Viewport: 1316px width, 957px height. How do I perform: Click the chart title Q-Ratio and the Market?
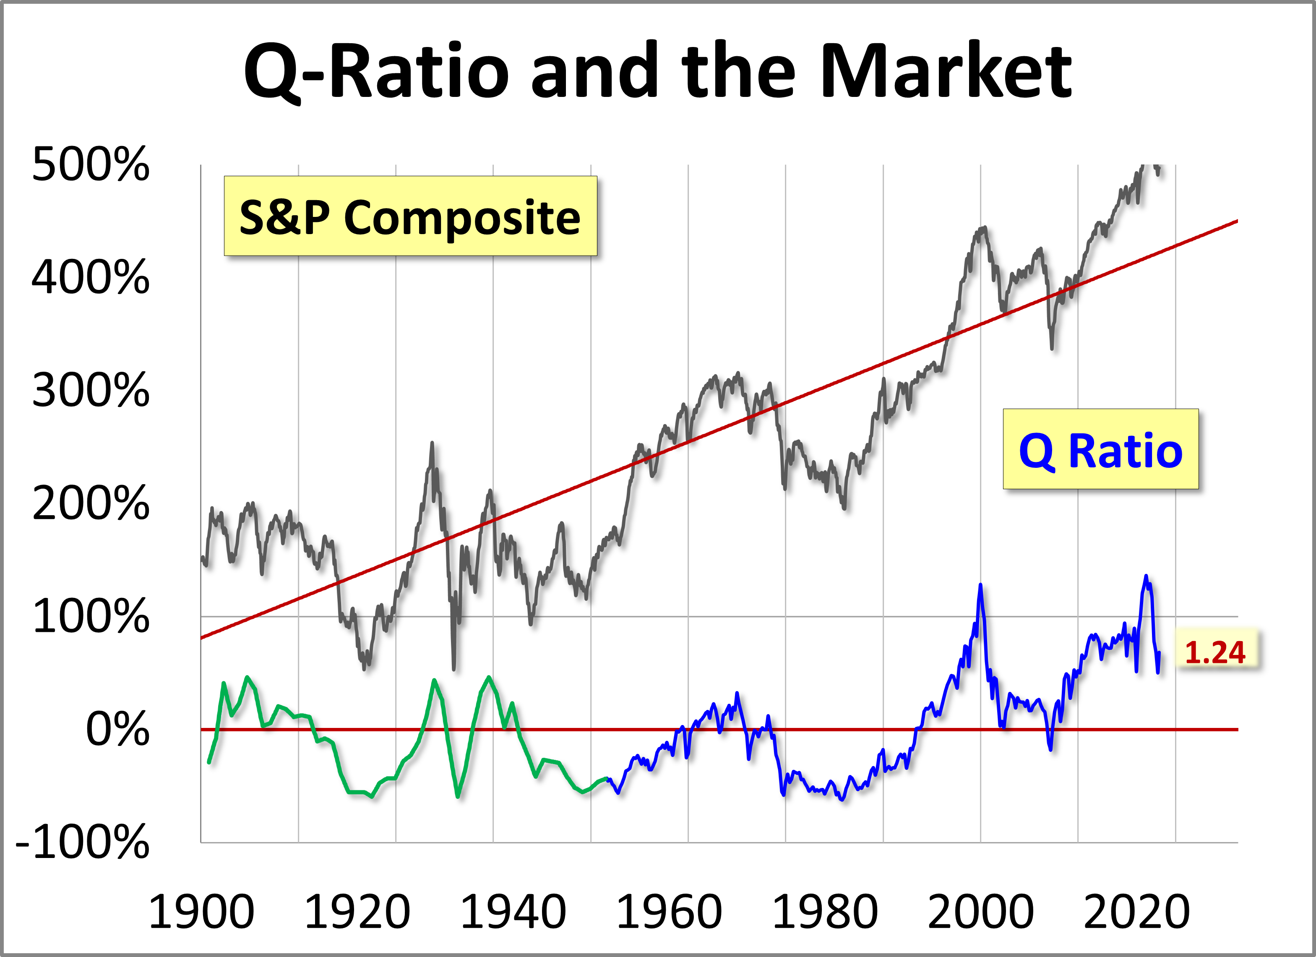click(x=657, y=71)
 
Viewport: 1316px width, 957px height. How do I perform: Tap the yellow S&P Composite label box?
click(x=410, y=216)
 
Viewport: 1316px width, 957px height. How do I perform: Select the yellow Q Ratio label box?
click(x=1100, y=449)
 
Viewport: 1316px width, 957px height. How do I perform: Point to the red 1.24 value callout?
click(x=1214, y=652)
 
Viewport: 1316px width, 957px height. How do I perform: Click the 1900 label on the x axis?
click(x=201, y=912)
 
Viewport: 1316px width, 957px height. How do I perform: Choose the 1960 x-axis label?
click(x=668, y=912)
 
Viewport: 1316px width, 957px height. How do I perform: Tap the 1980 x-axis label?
click(x=824, y=912)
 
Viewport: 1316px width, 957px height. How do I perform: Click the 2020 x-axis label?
click(x=1136, y=912)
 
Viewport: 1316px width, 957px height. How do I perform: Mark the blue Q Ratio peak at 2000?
click(x=980, y=586)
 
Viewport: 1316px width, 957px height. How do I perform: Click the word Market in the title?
click(x=946, y=71)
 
